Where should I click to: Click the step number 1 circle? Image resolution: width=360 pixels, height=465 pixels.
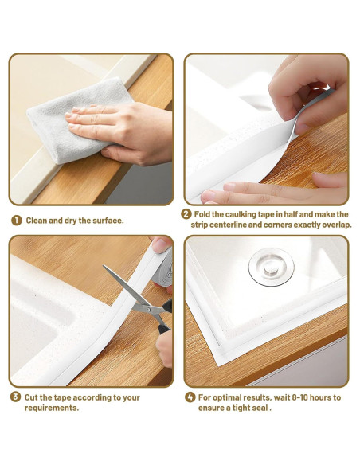click(16, 221)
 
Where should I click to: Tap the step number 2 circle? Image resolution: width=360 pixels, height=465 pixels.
click(186, 214)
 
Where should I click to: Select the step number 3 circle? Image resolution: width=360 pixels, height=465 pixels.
click(15, 397)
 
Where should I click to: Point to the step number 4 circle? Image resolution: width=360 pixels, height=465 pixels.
click(190, 397)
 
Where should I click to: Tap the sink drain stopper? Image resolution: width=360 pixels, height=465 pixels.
click(271, 267)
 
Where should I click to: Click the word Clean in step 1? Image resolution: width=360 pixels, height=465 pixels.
click(36, 221)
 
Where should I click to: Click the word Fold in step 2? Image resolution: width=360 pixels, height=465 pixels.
click(202, 214)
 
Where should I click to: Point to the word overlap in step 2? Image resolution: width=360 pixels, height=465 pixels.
click(338, 225)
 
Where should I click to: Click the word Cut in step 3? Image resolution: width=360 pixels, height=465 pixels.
click(31, 397)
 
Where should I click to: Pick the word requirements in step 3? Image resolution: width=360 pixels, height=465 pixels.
click(52, 408)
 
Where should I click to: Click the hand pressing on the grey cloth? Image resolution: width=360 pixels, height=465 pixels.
click(119, 131)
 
